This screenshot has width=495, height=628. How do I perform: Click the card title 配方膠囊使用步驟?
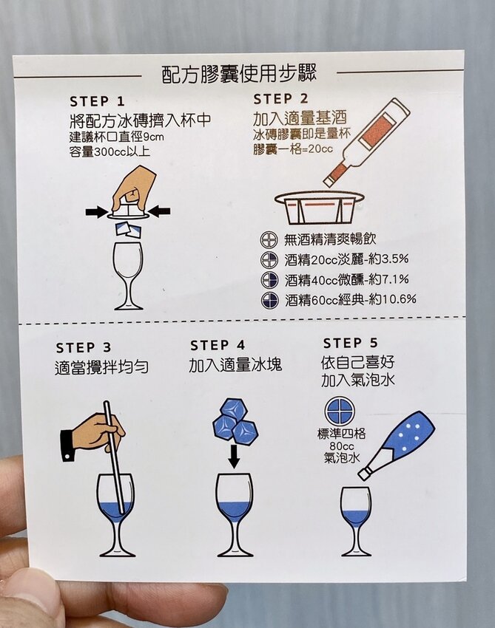click(239, 74)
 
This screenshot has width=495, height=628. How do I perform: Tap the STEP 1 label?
click(98, 101)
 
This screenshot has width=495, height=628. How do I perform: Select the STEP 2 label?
click(280, 98)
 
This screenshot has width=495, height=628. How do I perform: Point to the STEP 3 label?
click(84, 348)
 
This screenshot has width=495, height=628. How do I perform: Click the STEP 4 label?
click(218, 345)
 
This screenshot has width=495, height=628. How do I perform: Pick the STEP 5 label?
click(351, 344)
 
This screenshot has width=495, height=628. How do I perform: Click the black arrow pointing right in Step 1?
click(97, 212)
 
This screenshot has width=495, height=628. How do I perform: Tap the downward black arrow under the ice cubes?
click(234, 456)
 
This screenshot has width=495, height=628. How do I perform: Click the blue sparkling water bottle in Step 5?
click(397, 444)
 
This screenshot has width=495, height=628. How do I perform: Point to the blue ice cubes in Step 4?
click(235, 420)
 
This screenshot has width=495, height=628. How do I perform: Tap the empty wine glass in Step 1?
click(128, 276)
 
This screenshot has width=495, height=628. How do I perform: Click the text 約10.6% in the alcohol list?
click(393, 298)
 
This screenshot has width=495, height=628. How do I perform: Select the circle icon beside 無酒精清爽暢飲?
click(269, 240)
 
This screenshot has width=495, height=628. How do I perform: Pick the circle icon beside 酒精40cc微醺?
click(269, 279)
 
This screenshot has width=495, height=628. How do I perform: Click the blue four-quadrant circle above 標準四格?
click(340, 412)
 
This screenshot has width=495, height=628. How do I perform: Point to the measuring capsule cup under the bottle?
click(320, 208)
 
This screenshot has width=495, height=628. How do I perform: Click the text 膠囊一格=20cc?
click(293, 149)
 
